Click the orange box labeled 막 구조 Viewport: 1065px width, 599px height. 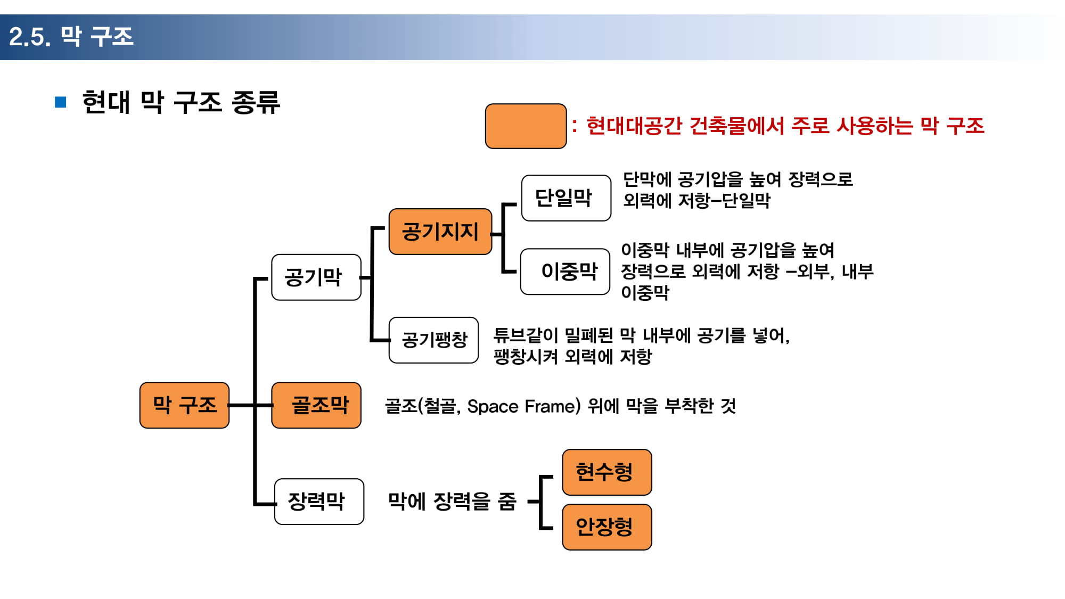tap(184, 405)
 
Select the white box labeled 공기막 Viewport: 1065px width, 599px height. tap(316, 277)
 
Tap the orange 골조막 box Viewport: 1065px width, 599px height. tap(316, 405)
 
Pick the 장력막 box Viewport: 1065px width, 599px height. tap(319, 501)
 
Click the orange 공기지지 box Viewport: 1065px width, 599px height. tap(440, 232)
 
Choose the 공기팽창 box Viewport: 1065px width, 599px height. tap(433, 340)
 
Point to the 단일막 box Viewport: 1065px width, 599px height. tap(566, 198)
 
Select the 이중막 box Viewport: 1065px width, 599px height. tap(565, 272)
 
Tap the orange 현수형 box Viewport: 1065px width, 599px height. tap(607, 472)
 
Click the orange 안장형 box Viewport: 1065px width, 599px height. tap(607, 527)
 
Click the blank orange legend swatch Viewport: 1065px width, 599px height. tap(526, 126)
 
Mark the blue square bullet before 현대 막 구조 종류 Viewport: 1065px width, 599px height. tap(61, 102)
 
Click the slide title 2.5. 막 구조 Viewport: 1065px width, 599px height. tap(71, 37)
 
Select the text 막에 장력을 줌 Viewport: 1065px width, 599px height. tap(452, 501)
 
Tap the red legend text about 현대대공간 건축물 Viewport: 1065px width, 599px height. tap(785, 126)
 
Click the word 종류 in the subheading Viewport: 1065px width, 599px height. tap(256, 102)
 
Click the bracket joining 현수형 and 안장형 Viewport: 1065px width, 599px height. tap(542, 502)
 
